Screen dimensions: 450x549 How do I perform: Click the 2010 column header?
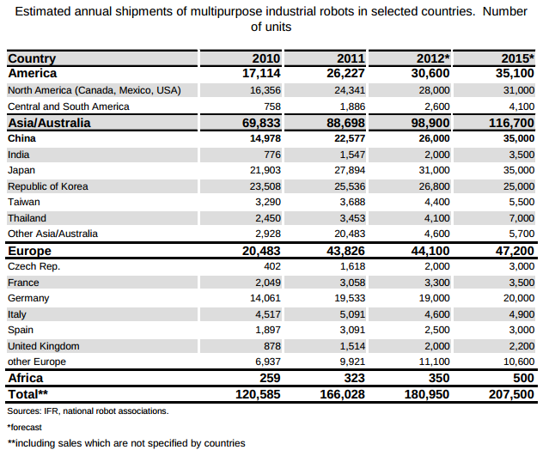265,58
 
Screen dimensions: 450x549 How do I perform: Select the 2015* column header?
518,58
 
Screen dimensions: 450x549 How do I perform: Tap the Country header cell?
32,58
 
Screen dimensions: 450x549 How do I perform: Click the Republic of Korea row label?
47,186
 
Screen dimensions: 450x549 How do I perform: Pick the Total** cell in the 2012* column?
426,394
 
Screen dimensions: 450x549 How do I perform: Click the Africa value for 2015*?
523,378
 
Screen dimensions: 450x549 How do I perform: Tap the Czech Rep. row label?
34,266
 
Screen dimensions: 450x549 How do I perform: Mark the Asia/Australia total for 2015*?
511,123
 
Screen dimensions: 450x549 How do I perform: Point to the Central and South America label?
68,106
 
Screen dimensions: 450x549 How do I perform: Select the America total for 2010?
261,74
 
